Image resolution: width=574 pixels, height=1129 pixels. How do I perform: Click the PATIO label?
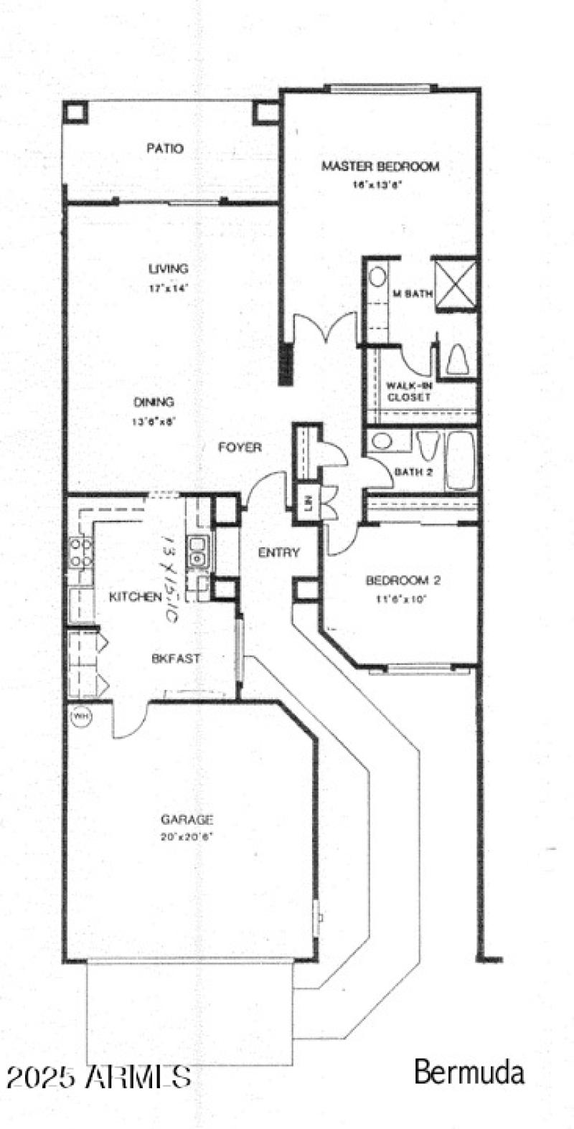(165, 149)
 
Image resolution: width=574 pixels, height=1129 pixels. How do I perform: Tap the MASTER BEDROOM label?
(380, 167)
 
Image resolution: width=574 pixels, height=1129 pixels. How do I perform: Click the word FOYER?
(240, 448)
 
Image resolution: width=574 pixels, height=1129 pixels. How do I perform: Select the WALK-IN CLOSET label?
(408, 391)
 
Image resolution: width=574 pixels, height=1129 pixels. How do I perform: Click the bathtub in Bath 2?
(460, 459)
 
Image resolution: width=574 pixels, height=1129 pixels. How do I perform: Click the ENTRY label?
(278, 552)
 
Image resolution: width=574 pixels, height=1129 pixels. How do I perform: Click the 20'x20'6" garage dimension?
(187, 837)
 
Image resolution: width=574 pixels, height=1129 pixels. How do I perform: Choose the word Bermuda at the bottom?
(469, 1073)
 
